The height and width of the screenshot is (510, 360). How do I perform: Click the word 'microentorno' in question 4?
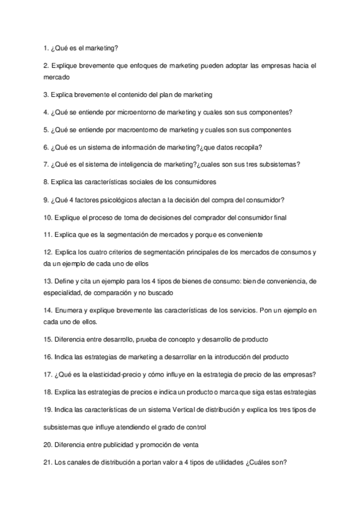pos(138,112)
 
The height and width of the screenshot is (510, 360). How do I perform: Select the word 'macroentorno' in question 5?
pos(139,129)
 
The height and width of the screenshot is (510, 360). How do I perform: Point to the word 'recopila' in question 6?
pos(245,147)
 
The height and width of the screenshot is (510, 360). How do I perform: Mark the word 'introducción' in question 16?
pos(224,357)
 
